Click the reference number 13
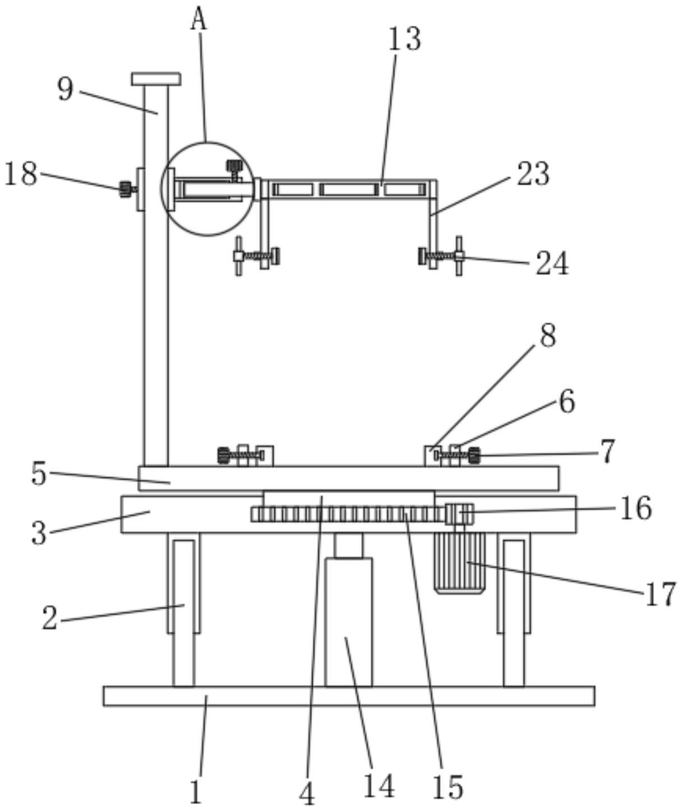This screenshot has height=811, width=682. [x=404, y=39]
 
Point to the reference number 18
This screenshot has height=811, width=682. [x=21, y=174]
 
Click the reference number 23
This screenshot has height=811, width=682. [x=533, y=174]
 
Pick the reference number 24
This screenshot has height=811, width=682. [x=552, y=263]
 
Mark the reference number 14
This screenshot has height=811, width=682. [x=379, y=785]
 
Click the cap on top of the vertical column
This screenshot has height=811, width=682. [x=156, y=79]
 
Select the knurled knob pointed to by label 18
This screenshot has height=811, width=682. [x=125, y=189]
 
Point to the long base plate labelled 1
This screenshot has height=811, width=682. [x=349, y=696]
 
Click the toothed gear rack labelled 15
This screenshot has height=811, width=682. [x=348, y=514]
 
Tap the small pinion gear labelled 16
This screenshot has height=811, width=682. [x=459, y=514]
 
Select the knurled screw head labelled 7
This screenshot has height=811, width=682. [x=474, y=455]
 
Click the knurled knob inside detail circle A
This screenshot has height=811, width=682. [x=234, y=167]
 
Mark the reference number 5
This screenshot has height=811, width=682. [x=38, y=473]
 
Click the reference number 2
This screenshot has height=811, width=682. [x=49, y=618]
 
